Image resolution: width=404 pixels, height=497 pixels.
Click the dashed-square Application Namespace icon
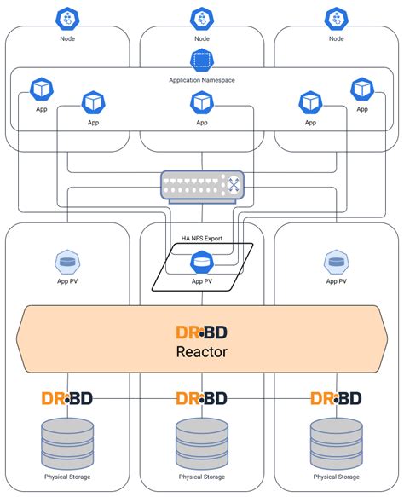tap(202, 61)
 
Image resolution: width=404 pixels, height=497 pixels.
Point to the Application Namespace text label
tap(202, 79)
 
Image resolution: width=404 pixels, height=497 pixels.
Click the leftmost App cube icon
tap(42, 89)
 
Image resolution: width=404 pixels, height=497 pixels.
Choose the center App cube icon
tap(202, 102)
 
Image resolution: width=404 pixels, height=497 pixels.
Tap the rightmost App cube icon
tap(362, 89)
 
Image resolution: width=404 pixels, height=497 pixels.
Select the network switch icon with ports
tap(202, 182)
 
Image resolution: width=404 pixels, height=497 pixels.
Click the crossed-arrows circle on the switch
tap(233, 182)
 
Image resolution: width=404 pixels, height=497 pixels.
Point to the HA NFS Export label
tap(202, 238)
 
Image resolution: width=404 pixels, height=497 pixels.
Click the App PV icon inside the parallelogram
tap(202, 263)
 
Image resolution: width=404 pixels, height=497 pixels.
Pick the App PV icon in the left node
tap(67, 262)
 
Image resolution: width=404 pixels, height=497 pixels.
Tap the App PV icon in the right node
tap(336, 262)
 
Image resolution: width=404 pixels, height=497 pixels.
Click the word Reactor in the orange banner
tap(202, 352)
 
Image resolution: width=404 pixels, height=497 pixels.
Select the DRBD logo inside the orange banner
tap(202, 331)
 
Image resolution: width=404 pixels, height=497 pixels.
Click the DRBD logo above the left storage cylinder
tap(67, 398)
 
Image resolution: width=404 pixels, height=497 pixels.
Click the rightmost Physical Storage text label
tap(336, 477)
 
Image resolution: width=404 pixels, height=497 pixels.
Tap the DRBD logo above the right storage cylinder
tap(336, 398)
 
